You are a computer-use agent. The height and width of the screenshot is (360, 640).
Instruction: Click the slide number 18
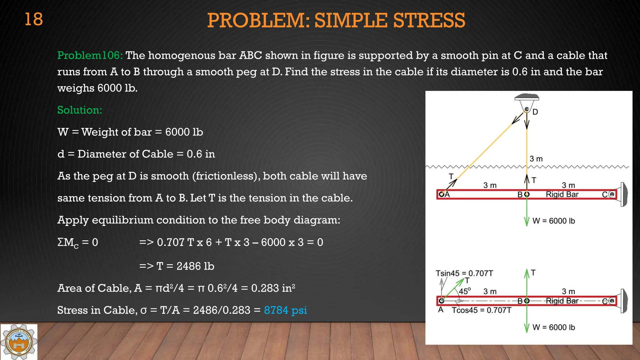[33, 19]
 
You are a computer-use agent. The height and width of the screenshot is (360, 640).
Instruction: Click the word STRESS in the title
[429, 21]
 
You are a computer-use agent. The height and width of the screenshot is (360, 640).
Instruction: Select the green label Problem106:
[90, 56]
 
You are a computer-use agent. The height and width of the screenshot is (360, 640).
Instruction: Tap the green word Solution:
[80, 110]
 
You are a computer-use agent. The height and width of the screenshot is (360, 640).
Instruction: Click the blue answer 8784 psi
[285, 310]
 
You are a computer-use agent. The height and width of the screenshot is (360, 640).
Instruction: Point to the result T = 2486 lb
[186, 266]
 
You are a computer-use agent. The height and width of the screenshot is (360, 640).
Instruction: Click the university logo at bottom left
[19, 342]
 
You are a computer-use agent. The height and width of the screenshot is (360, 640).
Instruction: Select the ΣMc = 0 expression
[78, 242]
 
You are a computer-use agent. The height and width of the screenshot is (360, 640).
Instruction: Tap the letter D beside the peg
[535, 112]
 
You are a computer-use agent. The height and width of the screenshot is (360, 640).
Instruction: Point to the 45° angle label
[465, 291]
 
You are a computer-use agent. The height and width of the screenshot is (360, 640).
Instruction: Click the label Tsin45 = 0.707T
[464, 273]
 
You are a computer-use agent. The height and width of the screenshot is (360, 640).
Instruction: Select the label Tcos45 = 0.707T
[482, 310]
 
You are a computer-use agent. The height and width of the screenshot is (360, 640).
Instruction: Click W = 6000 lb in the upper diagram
[553, 221]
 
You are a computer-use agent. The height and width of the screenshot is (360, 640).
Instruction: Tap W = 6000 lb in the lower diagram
[553, 327]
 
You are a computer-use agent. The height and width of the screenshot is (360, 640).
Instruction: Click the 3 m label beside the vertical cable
[536, 159]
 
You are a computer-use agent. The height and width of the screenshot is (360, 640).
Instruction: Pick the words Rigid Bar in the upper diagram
[562, 194]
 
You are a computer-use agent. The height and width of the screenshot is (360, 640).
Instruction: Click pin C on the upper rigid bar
[612, 194]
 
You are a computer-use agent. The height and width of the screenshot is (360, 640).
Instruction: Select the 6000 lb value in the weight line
[184, 132]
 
